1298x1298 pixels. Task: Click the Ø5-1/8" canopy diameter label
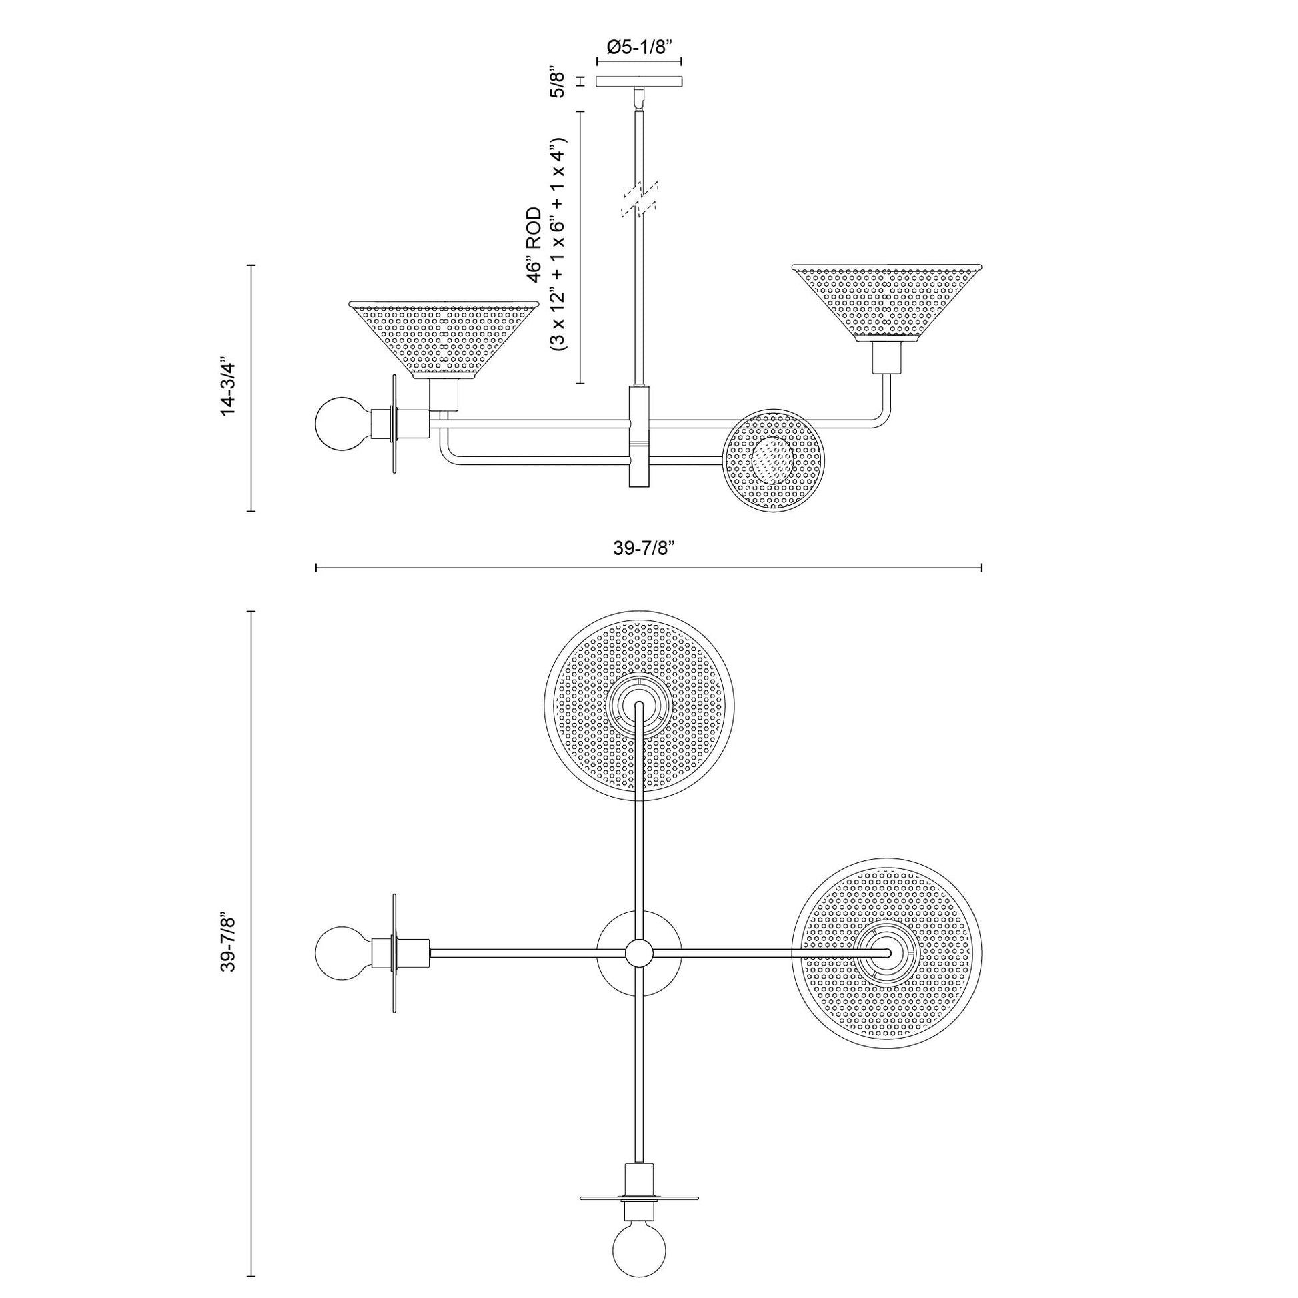639,47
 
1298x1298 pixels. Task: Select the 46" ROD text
534,245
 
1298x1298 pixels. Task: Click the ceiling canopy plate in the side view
639,81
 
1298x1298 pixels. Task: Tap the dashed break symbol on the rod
640,199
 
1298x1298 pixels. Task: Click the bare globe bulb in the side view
342,424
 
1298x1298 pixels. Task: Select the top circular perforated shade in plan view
639,705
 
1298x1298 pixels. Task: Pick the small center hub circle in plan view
639,952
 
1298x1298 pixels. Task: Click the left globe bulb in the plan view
342,952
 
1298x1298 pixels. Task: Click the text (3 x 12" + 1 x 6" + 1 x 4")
558,245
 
